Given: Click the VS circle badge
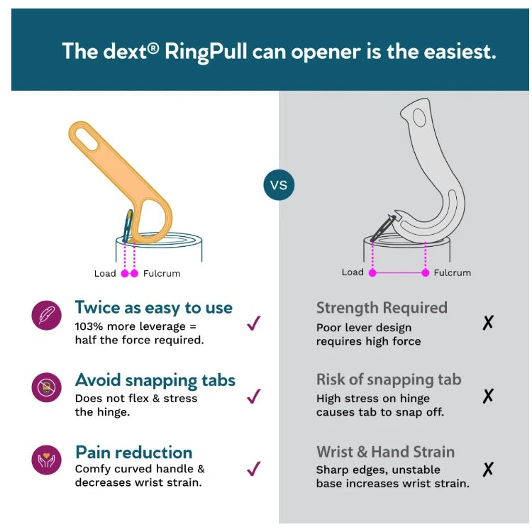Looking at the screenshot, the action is tap(279, 185).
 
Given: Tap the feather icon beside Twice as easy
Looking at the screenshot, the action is tap(47, 315).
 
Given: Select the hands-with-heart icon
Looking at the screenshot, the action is tap(47, 460).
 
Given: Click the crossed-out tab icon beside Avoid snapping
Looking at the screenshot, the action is tap(47, 387).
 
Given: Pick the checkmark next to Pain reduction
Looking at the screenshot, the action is tap(253, 469).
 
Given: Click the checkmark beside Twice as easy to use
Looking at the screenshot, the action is tap(253, 323).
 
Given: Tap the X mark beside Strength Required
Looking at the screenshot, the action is tap(488, 323).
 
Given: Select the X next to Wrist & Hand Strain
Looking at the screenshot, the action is tap(488, 470).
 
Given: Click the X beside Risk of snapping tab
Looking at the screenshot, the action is tap(488, 396).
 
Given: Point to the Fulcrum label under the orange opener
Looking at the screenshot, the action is tap(162, 274).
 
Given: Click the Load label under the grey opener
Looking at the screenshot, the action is tap(353, 272).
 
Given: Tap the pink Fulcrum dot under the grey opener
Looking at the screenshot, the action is tap(425, 273).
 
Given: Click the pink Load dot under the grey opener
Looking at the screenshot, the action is tap(372, 273).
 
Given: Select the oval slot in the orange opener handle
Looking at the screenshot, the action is tap(87, 139).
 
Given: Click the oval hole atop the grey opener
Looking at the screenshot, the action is tap(419, 118).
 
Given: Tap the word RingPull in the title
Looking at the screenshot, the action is tap(206, 52).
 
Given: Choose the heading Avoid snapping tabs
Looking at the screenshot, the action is tap(155, 380).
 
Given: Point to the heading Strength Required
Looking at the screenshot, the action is tap(382, 308).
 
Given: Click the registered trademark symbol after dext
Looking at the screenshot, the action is tap(153, 48).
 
